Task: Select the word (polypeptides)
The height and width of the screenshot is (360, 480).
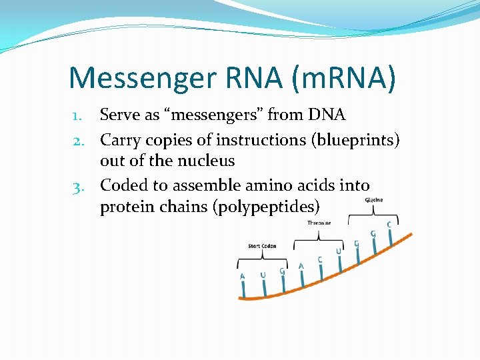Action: tap(261, 207)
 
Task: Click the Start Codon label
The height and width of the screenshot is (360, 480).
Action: tap(263, 246)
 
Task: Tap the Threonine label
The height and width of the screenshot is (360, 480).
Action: tap(319, 223)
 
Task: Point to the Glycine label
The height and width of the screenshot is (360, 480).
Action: tap(373, 200)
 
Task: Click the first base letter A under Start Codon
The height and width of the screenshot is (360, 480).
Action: tap(243, 277)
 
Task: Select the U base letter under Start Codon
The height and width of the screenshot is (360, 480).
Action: tap(263, 275)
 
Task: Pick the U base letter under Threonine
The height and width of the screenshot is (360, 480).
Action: tap(338, 251)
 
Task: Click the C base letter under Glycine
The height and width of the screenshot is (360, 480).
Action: tap(389, 225)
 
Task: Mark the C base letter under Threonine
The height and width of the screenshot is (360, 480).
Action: tap(320, 259)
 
